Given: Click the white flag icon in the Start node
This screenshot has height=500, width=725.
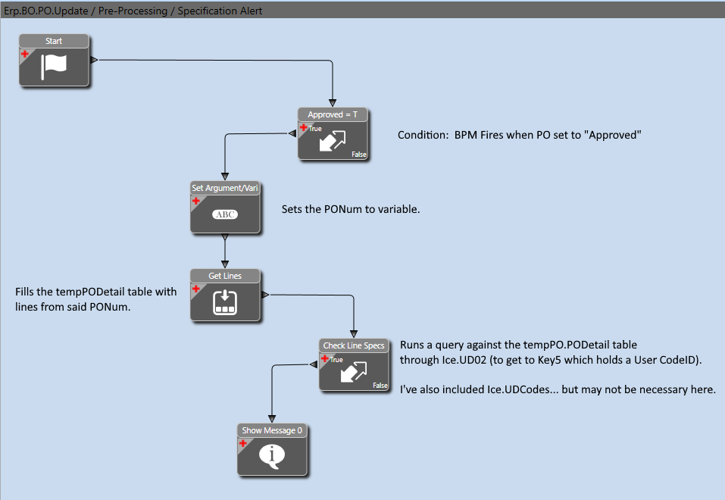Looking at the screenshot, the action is pyautogui.click(x=54, y=67).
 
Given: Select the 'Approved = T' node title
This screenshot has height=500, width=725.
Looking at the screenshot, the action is pyautogui.click(x=333, y=114).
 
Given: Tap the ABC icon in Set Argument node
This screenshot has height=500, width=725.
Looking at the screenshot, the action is pyautogui.click(x=225, y=214).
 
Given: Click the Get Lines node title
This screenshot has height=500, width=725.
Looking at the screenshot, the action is pyautogui.click(x=225, y=276).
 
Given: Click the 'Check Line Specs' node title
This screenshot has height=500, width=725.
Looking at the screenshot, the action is pyautogui.click(x=354, y=345).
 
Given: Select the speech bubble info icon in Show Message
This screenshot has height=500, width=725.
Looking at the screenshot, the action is pyautogui.click(x=272, y=456).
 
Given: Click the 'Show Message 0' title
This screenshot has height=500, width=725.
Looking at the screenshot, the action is pyautogui.click(x=272, y=430).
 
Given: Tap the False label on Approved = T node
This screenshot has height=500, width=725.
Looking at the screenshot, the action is pyautogui.click(x=359, y=155).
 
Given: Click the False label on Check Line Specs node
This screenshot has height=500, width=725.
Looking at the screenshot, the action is pyautogui.click(x=380, y=386).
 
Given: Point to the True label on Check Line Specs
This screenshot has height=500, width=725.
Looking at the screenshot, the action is pyautogui.click(x=336, y=359).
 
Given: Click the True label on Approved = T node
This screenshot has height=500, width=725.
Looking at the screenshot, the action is pyautogui.click(x=315, y=129).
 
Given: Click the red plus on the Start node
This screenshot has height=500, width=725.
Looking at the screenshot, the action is pyautogui.click(x=25, y=54).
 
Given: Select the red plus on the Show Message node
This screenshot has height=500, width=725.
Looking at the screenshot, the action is pyautogui.click(x=242, y=443).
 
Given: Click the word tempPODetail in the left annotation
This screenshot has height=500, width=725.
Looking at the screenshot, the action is pyautogui.click(x=89, y=292).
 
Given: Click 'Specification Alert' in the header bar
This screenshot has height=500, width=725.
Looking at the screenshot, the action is pyautogui.click(x=220, y=11).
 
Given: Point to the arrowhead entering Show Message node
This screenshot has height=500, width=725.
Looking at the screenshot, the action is pyautogui.click(x=272, y=419).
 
